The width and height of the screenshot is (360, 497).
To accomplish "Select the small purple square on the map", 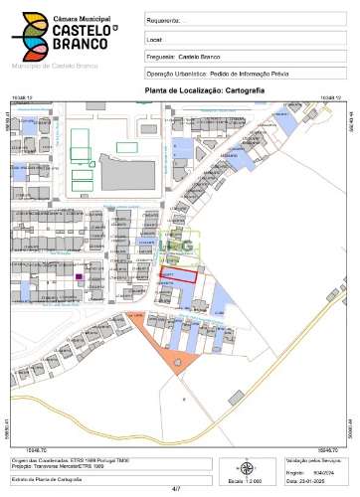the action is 79,277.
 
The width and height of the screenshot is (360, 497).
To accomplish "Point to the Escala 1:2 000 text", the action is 247,481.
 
